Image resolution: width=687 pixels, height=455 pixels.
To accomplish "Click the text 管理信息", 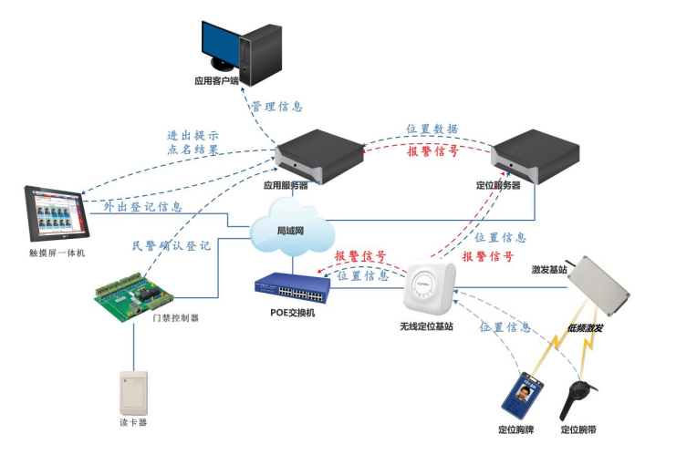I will point(276,107).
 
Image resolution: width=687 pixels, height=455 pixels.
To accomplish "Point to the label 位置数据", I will point(431,129).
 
